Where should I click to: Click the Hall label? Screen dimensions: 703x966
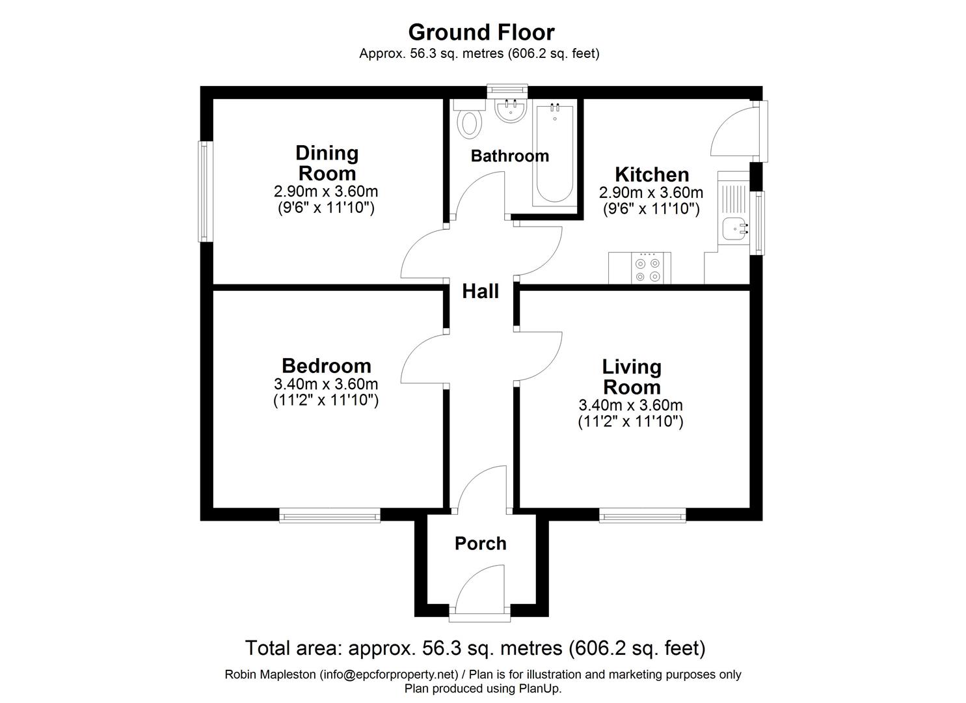click(x=480, y=292)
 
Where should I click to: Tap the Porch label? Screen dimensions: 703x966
click(x=480, y=544)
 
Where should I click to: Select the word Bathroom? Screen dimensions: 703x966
click(x=509, y=156)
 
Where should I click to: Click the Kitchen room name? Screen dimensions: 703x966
click(x=652, y=174)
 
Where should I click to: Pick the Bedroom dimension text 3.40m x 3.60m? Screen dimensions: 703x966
click(x=326, y=384)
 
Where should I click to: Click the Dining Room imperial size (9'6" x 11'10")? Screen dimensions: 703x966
click(x=326, y=208)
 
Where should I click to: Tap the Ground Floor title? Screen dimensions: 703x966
click(x=481, y=32)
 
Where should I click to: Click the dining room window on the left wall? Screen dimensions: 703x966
click(x=205, y=191)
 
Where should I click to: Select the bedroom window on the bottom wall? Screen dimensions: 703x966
click(x=330, y=516)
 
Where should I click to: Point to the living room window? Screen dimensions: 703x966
click(x=642, y=516)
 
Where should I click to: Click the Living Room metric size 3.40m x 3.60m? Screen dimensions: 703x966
click(x=630, y=406)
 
